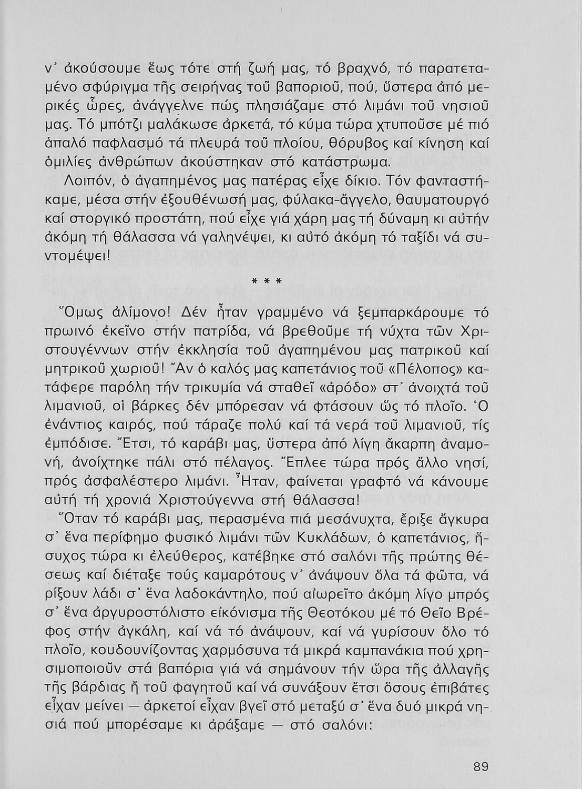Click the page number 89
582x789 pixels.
481,767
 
